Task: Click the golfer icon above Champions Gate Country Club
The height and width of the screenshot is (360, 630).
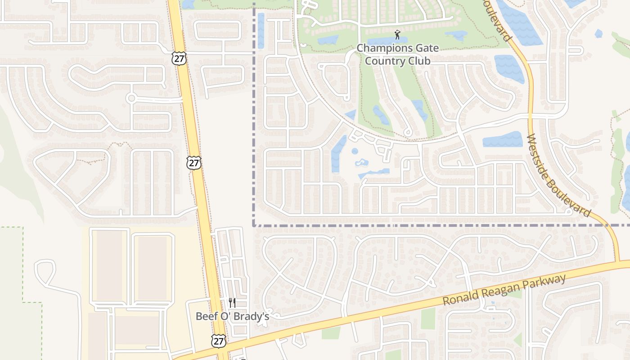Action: point(397,35)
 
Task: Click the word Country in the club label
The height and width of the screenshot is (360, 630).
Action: point(384,61)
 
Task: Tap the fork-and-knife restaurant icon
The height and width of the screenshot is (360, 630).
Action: point(232,303)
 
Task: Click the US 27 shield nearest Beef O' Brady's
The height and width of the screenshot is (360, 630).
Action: point(219,341)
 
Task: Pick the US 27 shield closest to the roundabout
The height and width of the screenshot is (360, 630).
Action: point(179,58)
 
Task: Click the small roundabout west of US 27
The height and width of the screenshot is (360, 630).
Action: point(131,98)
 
